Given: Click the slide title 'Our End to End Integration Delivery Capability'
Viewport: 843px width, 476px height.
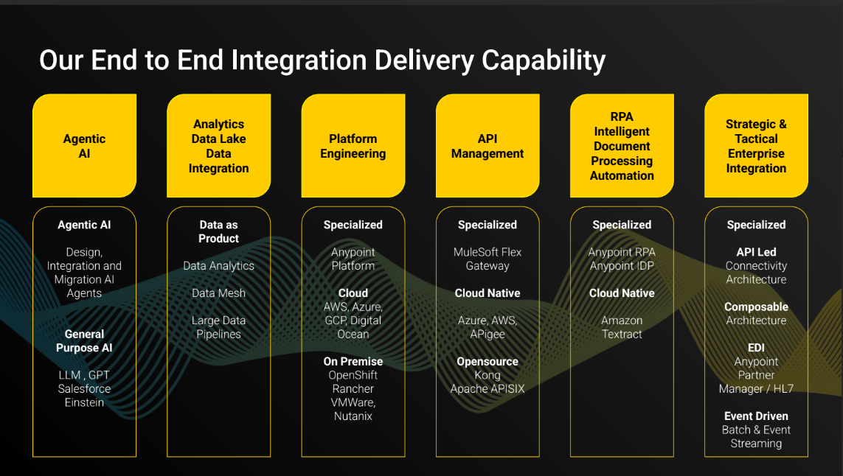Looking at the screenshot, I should [322, 60].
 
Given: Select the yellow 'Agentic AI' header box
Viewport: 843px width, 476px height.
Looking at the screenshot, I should [84, 146].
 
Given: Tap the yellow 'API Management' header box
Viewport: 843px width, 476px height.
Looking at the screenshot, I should [488, 146].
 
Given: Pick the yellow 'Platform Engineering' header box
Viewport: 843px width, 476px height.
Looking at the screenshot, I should [353, 146].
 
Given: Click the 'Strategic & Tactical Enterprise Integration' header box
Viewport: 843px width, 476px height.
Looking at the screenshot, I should [756, 146].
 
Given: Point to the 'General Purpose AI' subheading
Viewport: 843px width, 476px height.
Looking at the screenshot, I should [84, 341].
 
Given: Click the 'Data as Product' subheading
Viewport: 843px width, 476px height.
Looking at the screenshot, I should [218, 231].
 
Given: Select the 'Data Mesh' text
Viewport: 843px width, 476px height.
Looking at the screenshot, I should [218, 293].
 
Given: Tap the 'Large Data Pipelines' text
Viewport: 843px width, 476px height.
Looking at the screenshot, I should [218, 327].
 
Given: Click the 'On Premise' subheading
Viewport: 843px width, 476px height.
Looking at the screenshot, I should [353, 362].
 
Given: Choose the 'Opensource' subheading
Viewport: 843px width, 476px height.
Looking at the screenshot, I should [488, 362].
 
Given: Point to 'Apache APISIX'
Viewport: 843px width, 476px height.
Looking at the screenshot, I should [488, 389].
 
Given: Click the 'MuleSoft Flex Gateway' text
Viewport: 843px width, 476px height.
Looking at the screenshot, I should [488, 259].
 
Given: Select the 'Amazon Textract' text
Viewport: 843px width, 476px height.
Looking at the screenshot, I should [622, 327].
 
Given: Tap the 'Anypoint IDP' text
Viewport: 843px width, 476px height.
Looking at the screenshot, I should [622, 266].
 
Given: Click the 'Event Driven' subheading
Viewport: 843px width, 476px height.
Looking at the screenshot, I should [756, 416].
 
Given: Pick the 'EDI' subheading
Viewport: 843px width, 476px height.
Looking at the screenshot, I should [756, 348].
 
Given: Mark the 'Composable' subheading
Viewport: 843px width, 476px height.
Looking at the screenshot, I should [756, 307].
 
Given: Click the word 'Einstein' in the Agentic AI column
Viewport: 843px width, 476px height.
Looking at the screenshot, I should [84, 403].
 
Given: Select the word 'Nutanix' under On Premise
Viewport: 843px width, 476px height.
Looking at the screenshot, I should [353, 416].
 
